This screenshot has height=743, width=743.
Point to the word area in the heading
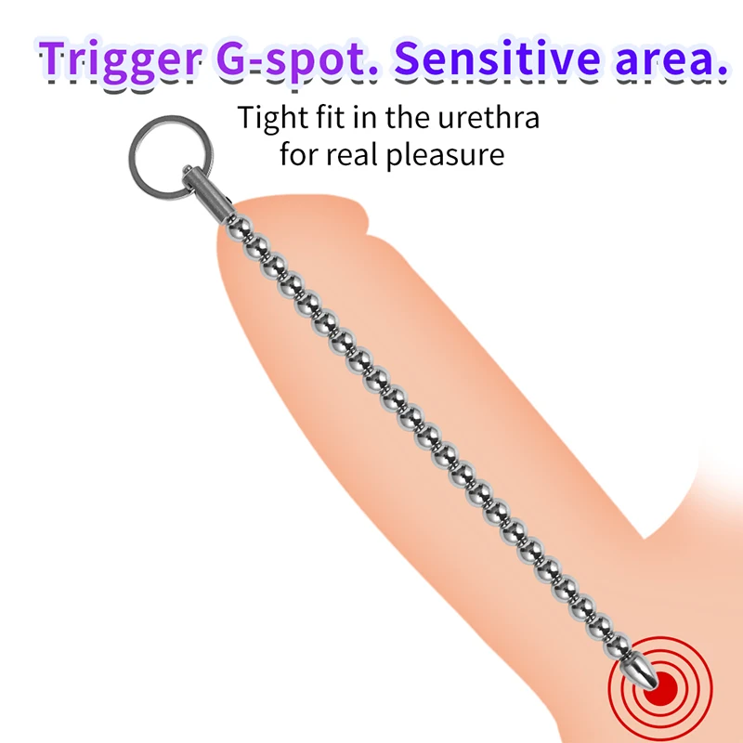660,59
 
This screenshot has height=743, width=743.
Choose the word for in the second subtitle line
297,153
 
